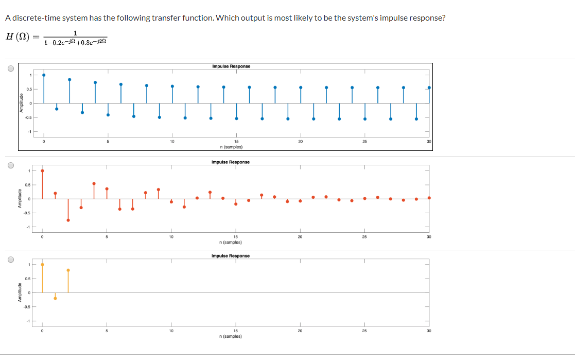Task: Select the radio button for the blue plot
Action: point(10,70)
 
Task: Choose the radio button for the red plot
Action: point(10,166)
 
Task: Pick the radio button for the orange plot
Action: point(10,260)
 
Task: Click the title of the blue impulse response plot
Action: point(231,66)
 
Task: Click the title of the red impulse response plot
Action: point(231,162)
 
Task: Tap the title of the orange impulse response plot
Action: point(231,256)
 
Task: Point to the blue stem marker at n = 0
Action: point(44,75)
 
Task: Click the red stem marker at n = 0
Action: point(42,170)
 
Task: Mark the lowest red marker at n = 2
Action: point(68,220)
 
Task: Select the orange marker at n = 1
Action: point(55,298)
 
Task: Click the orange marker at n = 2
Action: point(68,270)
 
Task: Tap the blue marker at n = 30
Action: point(429,88)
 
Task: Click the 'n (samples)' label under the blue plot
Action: point(231,147)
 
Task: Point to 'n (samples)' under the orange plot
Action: point(231,336)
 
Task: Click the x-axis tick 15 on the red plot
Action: point(235,237)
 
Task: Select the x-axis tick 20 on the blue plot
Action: point(300,142)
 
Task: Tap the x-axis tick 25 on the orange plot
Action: point(364,331)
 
